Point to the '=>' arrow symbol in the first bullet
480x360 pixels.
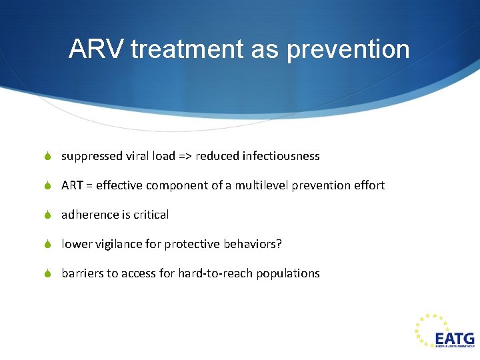(x=185, y=156)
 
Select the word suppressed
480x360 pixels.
(x=91, y=156)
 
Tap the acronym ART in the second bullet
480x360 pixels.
(x=71, y=185)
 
